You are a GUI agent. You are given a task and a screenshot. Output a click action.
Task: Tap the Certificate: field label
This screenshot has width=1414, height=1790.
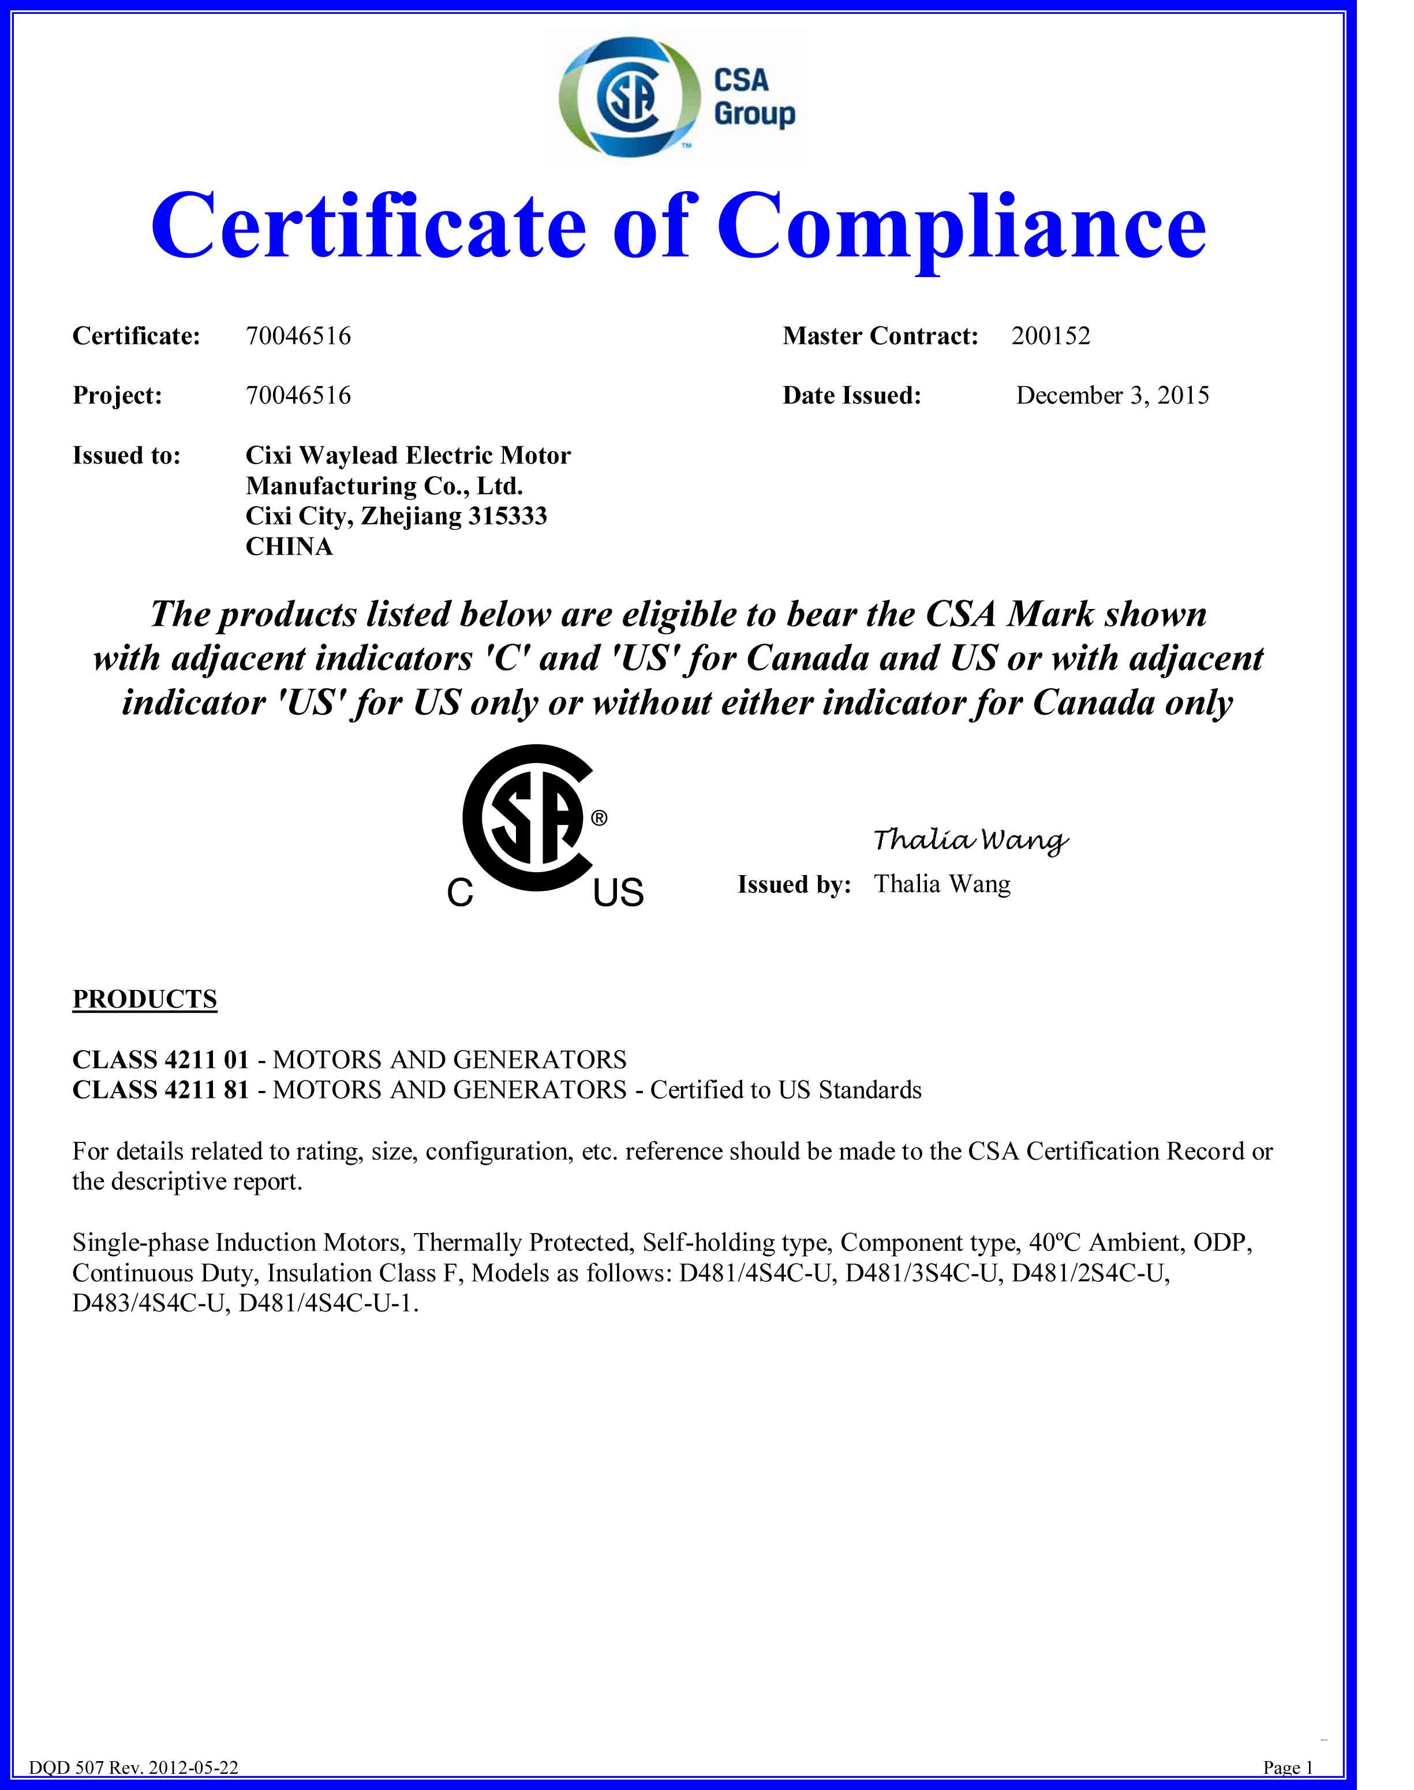coord(137,336)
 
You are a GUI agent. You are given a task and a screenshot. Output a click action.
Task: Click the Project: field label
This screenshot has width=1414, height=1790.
coord(118,396)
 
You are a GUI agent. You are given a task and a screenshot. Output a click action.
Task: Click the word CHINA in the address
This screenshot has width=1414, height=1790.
coord(289,547)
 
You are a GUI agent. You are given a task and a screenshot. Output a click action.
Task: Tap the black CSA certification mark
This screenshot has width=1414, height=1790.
coord(528,820)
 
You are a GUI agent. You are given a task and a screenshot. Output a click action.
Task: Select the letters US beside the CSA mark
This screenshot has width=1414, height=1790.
coord(619,892)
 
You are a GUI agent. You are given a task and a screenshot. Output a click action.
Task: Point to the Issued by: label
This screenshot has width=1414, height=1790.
coord(794,885)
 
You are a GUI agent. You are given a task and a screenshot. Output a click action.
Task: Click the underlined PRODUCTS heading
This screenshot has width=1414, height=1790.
coord(145,999)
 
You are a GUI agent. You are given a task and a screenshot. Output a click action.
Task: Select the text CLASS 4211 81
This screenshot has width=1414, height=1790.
coord(160,1090)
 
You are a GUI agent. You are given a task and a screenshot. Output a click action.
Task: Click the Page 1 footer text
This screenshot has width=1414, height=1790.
coord(1288,1767)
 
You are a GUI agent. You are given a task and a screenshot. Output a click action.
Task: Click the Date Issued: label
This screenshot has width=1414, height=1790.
coord(852,396)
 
